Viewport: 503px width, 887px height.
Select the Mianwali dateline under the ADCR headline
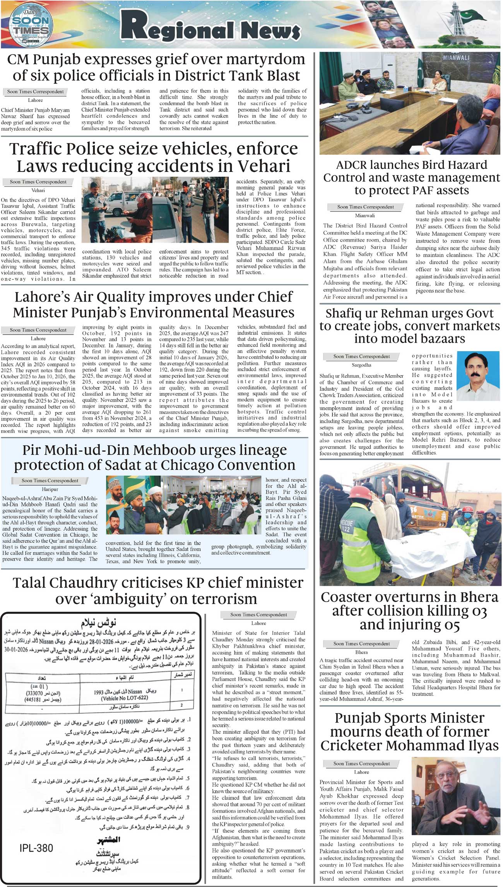click(x=364, y=216)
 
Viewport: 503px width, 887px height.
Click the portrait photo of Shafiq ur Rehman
click(x=478, y=371)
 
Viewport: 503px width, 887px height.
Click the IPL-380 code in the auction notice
click(x=36, y=848)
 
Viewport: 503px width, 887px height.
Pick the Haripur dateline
click(x=50, y=489)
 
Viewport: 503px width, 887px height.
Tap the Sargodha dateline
click(x=361, y=365)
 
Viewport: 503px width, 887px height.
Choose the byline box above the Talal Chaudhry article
click(x=258, y=614)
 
